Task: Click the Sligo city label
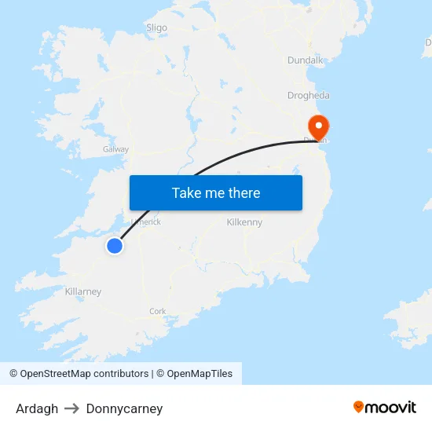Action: (157, 27)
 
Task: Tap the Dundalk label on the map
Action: (305, 60)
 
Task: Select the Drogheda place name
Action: (308, 96)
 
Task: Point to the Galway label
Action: (115, 149)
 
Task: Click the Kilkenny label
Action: (244, 223)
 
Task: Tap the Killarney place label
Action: (83, 292)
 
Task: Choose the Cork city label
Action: (158, 312)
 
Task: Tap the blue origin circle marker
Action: (115, 246)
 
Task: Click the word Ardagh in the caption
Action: (37, 408)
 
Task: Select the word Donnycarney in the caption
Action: (124, 408)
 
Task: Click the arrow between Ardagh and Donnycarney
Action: (72, 408)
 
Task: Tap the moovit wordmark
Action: (391, 408)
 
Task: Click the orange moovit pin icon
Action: (359, 407)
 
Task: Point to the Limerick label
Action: (147, 221)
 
